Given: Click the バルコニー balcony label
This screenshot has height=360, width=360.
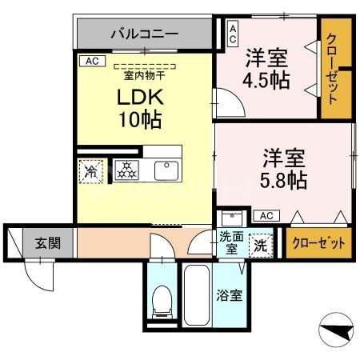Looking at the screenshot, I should pos(144,35).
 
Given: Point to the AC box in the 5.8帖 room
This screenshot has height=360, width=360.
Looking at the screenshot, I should pos(266,215).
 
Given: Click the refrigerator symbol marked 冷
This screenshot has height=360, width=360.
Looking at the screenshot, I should pos(90,171).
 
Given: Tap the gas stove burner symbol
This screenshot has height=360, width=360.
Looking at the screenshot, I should pos(127,170).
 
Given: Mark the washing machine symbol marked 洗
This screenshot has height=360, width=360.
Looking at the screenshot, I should pos(261,244).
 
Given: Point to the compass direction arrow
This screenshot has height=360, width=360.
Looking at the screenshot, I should pos(335,328).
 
